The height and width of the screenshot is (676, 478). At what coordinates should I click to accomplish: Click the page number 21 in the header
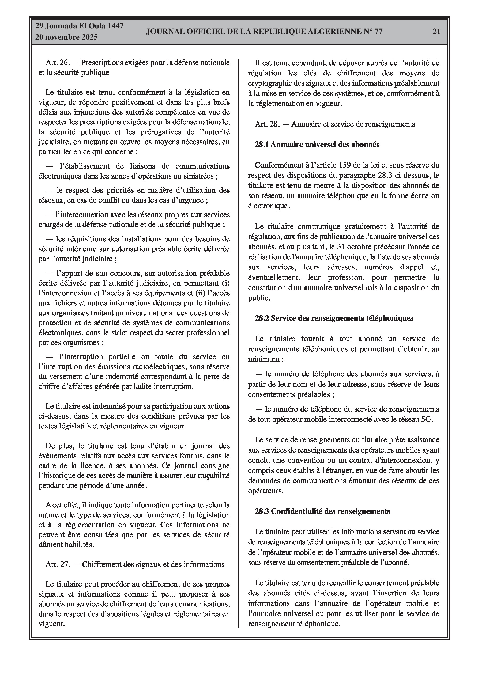(436, 32)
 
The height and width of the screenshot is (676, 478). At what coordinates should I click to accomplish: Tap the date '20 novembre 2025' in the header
(66, 37)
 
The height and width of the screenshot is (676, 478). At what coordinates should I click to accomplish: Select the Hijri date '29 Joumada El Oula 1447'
(79, 26)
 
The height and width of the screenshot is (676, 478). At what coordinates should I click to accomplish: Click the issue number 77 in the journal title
(378, 32)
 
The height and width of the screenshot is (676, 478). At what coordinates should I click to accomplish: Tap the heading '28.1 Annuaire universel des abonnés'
(317, 145)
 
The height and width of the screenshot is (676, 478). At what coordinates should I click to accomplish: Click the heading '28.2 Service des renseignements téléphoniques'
(334, 318)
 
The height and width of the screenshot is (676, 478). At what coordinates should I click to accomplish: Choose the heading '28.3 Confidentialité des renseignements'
(322, 511)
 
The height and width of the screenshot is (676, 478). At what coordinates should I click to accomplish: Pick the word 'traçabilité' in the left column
(212, 476)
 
